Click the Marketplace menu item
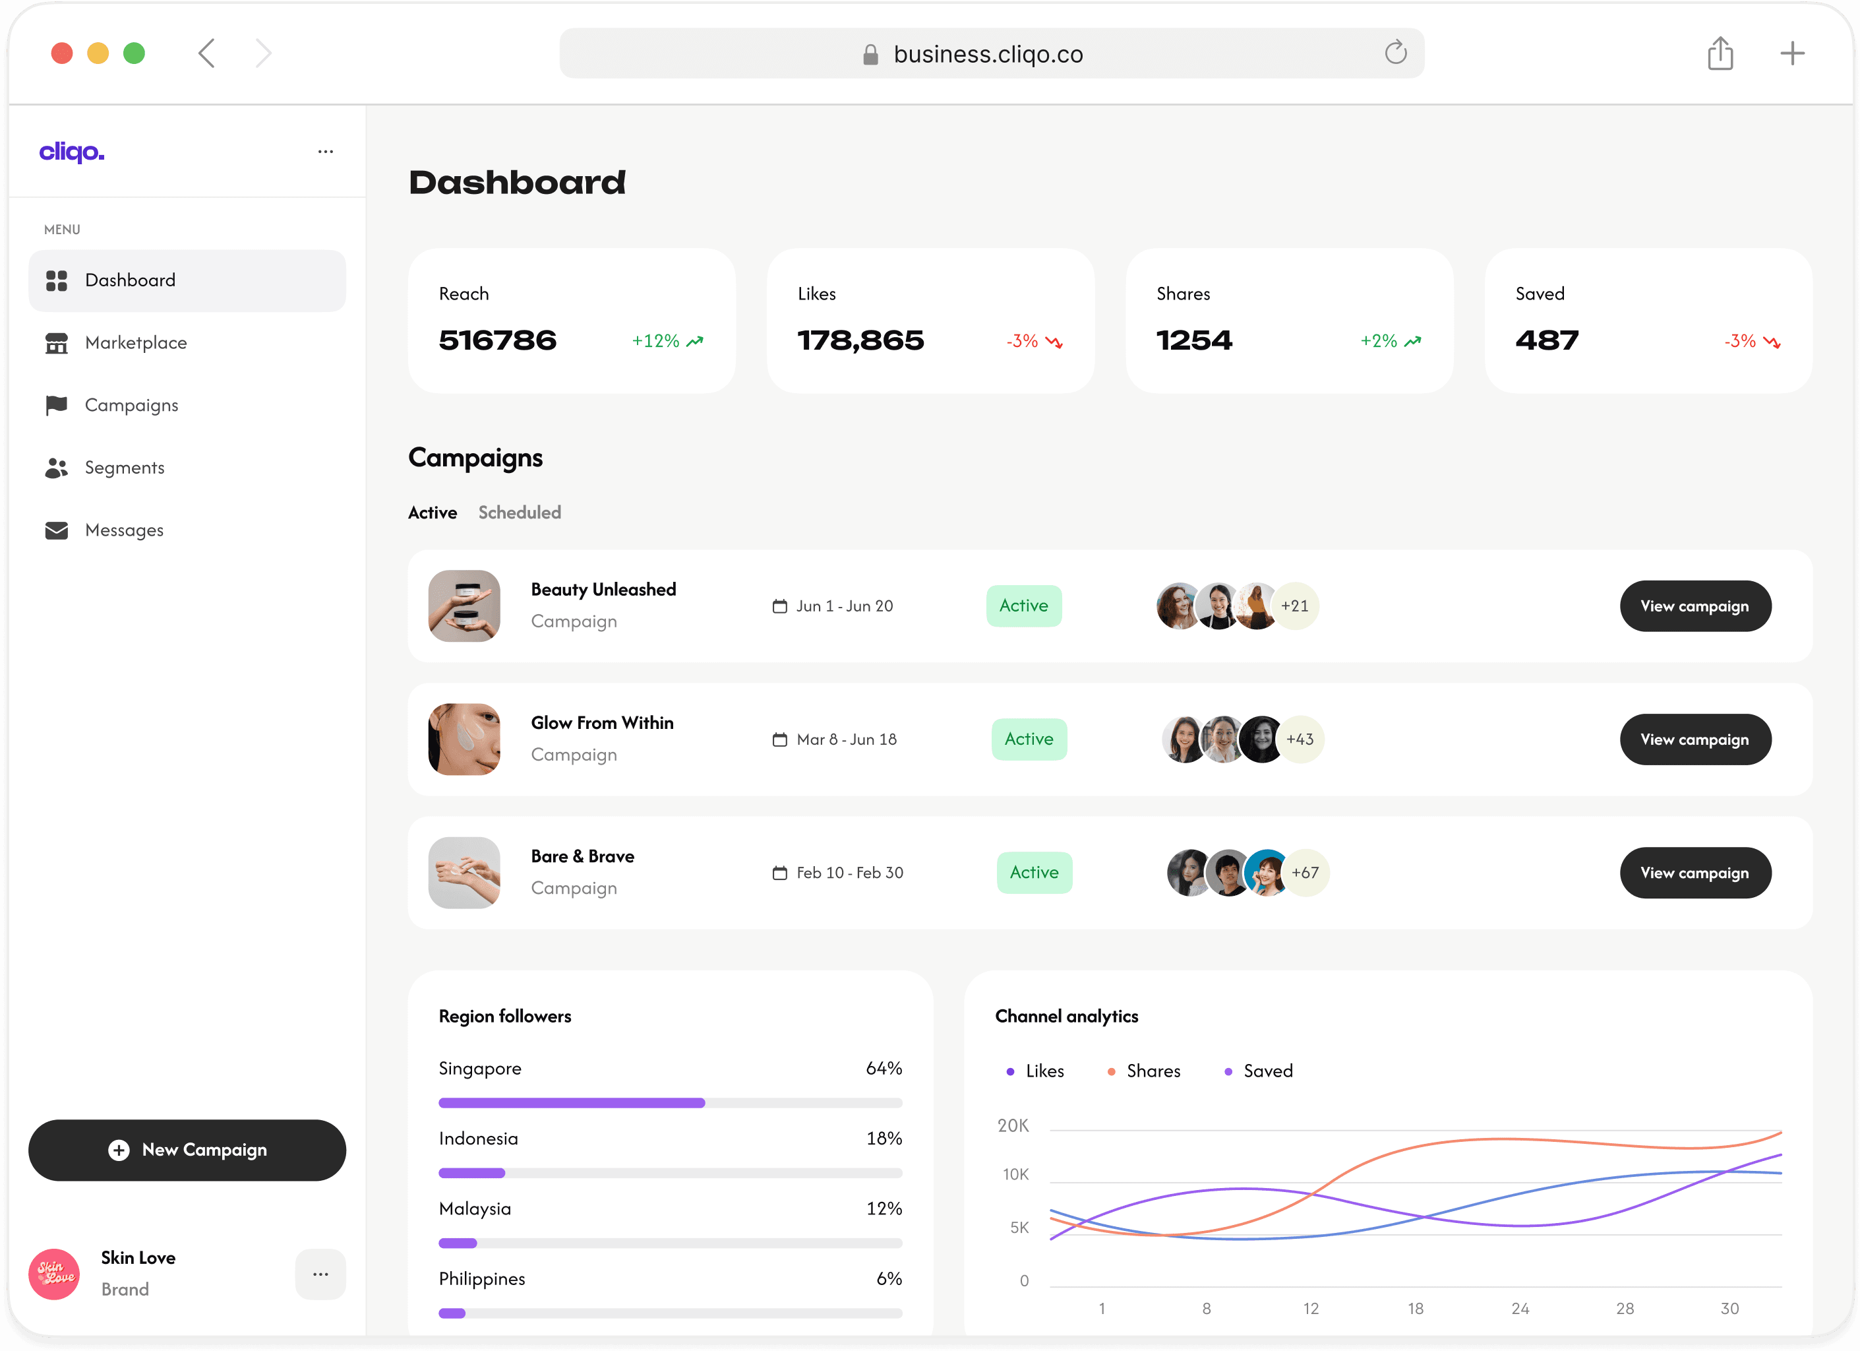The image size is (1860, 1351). point(135,343)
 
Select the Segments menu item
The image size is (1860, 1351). point(124,468)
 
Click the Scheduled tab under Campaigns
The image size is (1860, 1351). point(519,513)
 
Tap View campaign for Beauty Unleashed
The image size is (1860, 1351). point(1695,606)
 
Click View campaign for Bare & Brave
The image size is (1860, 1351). point(1695,873)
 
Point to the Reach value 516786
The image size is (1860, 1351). point(497,340)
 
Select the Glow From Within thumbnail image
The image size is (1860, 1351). point(464,739)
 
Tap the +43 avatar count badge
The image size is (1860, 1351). point(1300,739)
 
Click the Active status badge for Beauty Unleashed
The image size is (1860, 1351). point(1023,606)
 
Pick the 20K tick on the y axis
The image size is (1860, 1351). point(1013,1126)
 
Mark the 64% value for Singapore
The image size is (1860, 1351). point(884,1069)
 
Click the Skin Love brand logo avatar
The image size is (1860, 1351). point(54,1274)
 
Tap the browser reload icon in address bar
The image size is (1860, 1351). point(1395,53)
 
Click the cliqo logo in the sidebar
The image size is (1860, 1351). point(72,152)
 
